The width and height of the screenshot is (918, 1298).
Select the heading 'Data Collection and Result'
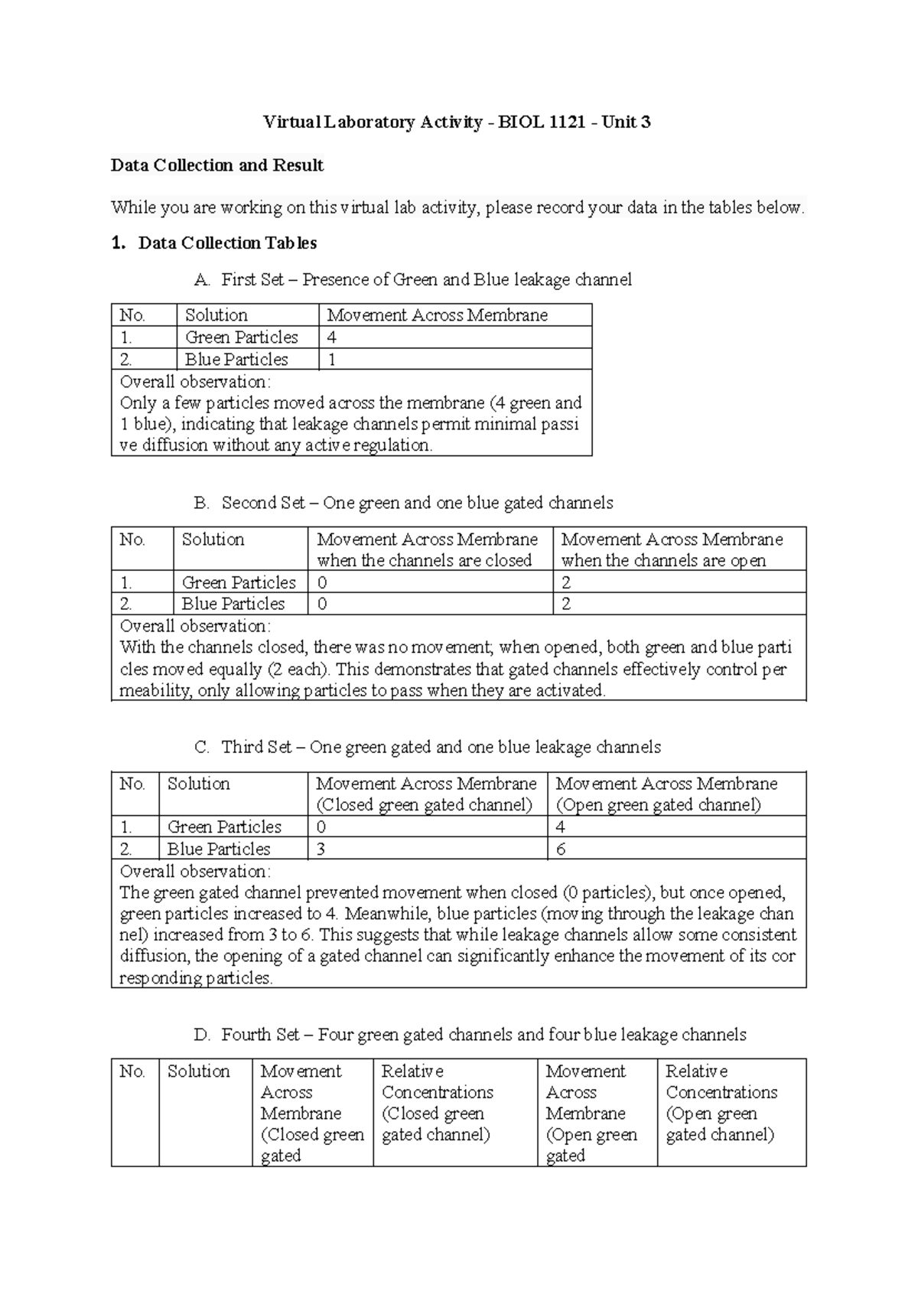tap(217, 165)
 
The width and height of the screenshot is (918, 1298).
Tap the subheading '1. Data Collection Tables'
tap(214, 243)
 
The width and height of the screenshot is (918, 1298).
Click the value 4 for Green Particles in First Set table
tap(332, 338)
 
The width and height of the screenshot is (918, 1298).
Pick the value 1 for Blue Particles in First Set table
tap(332, 360)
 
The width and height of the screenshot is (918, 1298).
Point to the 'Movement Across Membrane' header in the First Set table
tap(437, 315)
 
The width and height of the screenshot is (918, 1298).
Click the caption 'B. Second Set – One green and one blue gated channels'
tap(404, 503)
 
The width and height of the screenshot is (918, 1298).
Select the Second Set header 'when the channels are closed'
tap(424, 560)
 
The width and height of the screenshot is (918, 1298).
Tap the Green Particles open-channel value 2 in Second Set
tap(566, 582)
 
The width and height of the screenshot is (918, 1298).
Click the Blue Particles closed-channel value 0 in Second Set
tap(322, 604)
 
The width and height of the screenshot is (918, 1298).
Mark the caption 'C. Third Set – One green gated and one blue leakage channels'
tap(428, 747)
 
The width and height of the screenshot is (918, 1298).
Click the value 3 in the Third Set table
tap(321, 849)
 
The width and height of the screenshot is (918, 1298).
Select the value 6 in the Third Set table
tap(561, 849)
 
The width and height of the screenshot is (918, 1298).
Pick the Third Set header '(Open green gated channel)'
tap(658, 805)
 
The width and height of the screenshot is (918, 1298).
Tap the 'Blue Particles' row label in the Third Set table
tap(219, 849)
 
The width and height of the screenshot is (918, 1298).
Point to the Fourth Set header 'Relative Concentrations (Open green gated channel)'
tap(721, 1103)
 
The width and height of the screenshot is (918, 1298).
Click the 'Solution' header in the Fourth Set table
tap(199, 1071)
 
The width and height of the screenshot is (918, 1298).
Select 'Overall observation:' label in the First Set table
tap(195, 382)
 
